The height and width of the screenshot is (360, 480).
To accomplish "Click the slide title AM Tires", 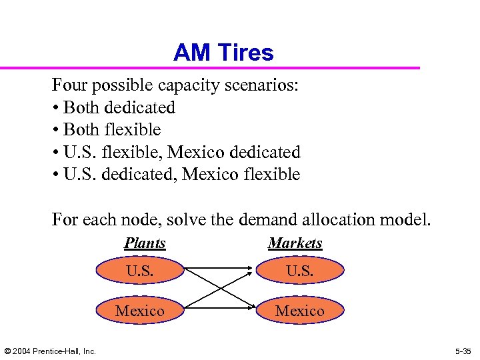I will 223,53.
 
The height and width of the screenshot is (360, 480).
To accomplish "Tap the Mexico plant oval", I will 140,311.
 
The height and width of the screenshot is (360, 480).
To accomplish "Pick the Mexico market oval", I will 300,311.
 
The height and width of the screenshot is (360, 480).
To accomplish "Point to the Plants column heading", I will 145,243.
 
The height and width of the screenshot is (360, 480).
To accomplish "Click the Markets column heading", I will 295,243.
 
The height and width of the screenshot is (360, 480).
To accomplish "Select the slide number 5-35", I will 463,351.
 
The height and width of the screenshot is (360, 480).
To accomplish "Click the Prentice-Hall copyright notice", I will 50,351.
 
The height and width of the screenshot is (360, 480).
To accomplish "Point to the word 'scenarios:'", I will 263,85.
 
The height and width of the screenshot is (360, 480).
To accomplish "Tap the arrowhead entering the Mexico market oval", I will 251,309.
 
